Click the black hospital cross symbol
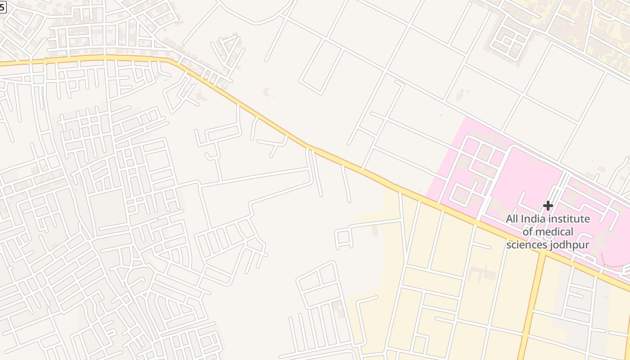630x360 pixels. click(548, 206)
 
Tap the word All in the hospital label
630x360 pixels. click(512, 219)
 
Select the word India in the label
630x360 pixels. click(533, 219)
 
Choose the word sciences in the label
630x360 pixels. click(526, 245)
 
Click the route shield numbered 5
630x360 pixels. click(3, 6)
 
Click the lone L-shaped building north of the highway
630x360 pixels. click(267, 92)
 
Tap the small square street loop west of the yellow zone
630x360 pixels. click(343, 238)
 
